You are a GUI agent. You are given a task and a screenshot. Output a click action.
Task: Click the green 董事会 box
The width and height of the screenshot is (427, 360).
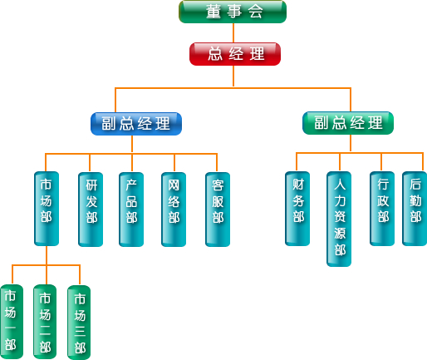pyautogui.click(x=233, y=12)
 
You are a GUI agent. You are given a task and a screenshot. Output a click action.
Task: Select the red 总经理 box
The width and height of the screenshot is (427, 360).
pyautogui.click(x=235, y=54)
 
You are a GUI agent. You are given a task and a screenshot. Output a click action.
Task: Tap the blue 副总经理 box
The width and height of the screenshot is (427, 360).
pyautogui.click(x=136, y=124)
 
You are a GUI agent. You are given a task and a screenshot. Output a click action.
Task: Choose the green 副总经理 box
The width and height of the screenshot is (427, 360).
pyautogui.click(x=348, y=123)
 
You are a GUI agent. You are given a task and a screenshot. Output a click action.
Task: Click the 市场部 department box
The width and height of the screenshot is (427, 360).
pyautogui.click(x=47, y=209)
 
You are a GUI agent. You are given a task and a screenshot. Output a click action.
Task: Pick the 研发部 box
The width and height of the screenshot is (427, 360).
pyautogui.click(x=91, y=210)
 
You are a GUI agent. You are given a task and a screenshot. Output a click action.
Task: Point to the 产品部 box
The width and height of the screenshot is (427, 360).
pyautogui.click(x=131, y=210)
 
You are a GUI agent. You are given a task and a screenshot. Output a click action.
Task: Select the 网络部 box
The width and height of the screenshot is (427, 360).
pyautogui.click(x=174, y=210)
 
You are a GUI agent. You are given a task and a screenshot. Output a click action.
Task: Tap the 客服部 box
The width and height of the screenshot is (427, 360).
pyautogui.click(x=218, y=210)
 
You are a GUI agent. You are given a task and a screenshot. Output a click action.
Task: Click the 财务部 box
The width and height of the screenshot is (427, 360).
pyautogui.click(x=297, y=209)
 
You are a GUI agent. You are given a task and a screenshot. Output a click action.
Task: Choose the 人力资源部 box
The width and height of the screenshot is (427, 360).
pyautogui.click(x=339, y=219)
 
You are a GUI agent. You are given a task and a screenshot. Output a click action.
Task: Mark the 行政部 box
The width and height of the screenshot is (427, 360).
pyautogui.click(x=382, y=209)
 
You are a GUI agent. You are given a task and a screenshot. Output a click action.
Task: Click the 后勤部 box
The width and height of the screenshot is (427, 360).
pyautogui.click(x=415, y=209)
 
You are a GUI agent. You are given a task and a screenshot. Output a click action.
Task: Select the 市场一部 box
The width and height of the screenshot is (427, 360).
pyautogui.click(x=12, y=322)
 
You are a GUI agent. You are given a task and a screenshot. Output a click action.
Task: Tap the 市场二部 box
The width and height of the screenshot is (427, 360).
pyautogui.click(x=45, y=322)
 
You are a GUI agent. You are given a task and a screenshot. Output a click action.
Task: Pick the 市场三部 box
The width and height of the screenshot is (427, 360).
pyautogui.click(x=79, y=323)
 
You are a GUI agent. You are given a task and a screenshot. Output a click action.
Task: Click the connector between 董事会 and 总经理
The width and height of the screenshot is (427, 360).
pyautogui.click(x=233, y=32)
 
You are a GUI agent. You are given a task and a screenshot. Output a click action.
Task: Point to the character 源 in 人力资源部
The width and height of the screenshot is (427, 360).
pyautogui.click(x=340, y=234)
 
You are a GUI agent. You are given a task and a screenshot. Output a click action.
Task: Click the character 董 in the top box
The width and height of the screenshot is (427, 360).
pyautogui.click(x=213, y=12)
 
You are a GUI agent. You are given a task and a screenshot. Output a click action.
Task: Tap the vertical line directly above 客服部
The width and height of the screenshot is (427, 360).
pyautogui.click(x=217, y=163)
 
